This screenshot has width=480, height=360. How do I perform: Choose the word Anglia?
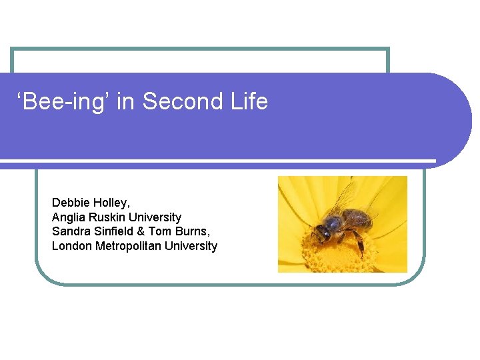pos(69,217)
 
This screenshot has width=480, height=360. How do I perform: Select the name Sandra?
pos(71,231)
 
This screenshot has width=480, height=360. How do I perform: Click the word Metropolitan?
pos(127,246)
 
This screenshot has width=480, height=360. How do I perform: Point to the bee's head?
pos(322,233)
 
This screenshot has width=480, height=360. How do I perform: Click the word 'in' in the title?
pos(125,102)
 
